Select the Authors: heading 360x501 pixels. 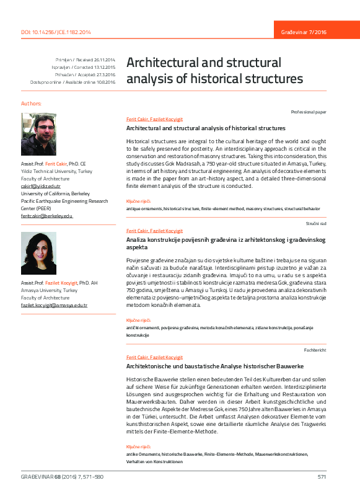32,103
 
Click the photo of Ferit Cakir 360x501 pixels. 38,134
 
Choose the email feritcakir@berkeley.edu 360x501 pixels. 47,216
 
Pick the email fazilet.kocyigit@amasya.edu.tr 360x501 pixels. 55,306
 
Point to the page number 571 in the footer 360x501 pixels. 322,477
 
